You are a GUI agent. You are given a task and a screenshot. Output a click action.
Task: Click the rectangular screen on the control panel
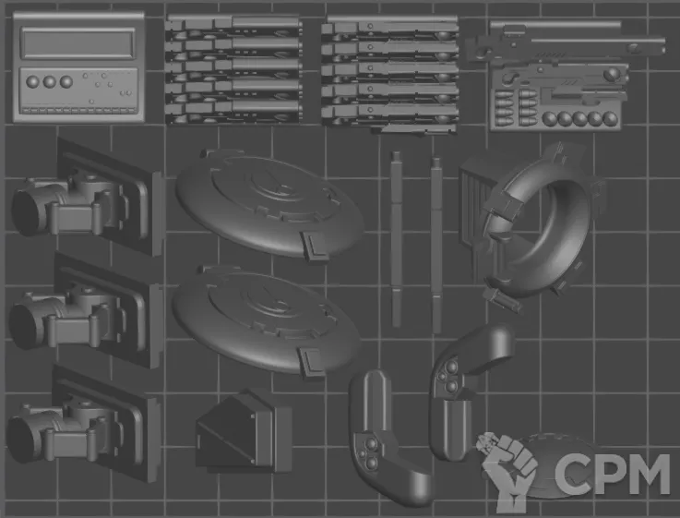[78, 43]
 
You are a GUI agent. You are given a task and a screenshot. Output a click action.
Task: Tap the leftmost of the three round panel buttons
[32, 81]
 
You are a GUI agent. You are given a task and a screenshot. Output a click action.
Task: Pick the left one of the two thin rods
[396, 238]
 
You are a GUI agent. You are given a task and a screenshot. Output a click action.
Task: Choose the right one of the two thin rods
[436, 245]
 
